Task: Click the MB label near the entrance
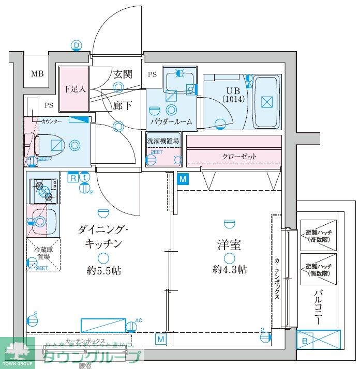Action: point(37,73)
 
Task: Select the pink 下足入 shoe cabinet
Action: point(73,89)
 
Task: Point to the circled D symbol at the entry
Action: point(77,46)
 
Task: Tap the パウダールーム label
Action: point(171,122)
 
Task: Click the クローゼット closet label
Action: point(239,156)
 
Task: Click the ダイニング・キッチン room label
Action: point(100,236)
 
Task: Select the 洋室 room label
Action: point(230,245)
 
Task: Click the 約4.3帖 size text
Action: point(229,269)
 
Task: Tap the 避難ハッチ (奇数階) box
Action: point(318,235)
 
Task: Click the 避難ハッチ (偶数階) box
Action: point(318,268)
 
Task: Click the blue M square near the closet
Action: point(182,179)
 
